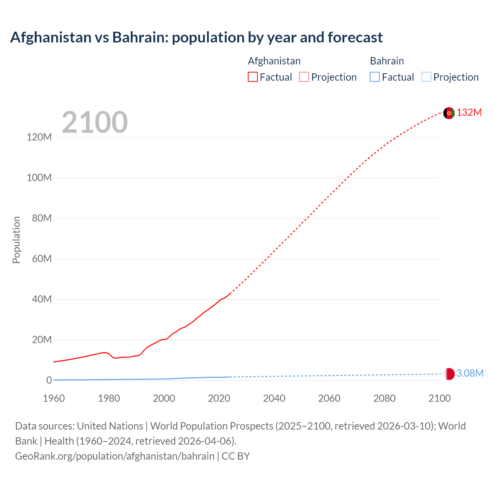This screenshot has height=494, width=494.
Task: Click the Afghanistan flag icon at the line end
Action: (x=449, y=113)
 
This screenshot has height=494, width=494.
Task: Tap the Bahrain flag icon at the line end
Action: (x=449, y=374)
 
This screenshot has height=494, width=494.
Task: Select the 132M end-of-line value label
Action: (x=469, y=113)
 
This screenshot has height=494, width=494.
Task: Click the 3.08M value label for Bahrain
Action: (x=470, y=373)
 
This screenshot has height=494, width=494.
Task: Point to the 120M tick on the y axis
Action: (x=39, y=137)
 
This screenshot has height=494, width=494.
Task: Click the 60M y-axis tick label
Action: (x=42, y=259)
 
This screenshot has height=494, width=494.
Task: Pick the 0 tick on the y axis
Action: (x=49, y=380)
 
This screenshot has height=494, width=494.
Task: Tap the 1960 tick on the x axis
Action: (x=54, y=398)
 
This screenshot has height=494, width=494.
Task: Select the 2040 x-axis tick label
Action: (x=274, y=398)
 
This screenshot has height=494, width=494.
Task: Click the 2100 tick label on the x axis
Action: (x=439, y=398)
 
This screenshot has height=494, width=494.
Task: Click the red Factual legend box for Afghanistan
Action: (x=253, y=77)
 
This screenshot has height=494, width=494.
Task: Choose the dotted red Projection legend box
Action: (x=304, y=77)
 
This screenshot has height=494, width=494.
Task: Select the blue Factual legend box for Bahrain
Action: (x=375, y=77)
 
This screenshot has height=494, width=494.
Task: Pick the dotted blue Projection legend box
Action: (x=426, y=77)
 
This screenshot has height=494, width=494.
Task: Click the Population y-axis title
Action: (x=16, y=240)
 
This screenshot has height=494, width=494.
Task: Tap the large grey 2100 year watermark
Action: (x=95, y=122)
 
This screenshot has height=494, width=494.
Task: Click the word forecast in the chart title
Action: (x=355, y=37)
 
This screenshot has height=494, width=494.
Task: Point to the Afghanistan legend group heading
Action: (x=274, y=61)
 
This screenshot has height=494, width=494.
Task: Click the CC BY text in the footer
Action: (x=235, y=456)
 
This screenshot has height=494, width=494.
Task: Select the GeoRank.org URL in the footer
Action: (x=115, y=456)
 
